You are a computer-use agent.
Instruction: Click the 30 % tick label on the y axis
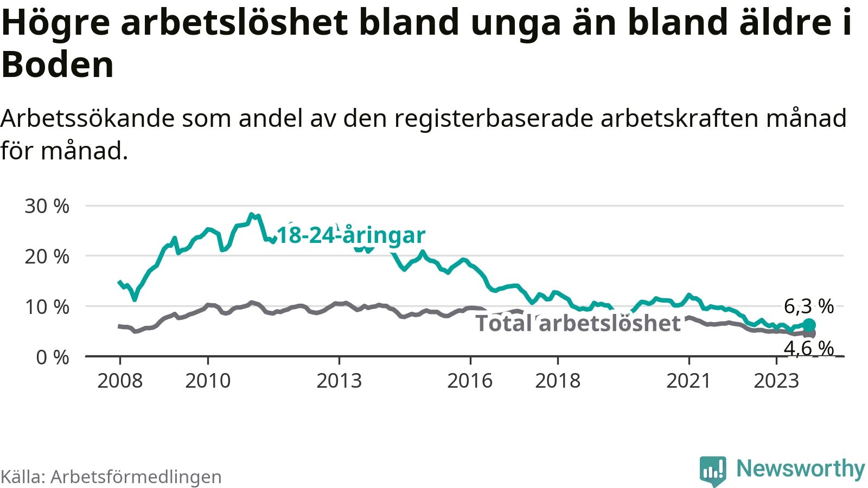[47, 206]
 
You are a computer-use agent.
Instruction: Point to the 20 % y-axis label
[47, 256]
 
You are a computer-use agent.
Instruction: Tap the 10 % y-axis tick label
[47, 307]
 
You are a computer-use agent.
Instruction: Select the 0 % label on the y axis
[53, 357]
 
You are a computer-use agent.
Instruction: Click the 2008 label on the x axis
[120, 381]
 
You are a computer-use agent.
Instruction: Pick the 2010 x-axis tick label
[208, 381]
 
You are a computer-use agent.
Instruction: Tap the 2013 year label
[339, 381]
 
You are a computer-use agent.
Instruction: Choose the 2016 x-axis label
[470, 381]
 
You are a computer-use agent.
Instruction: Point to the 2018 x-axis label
[558, 381]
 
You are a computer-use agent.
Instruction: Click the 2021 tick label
[688, 381]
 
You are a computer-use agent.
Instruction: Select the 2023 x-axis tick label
[776, 381]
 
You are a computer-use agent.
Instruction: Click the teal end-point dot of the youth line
[809, 325]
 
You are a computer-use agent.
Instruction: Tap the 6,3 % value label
[809, 306]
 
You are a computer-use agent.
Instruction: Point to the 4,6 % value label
[809, 348]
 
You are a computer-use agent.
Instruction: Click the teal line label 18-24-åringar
[351, 235]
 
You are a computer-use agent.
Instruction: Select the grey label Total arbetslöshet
[578, 323]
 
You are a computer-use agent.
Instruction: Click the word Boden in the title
[58, 65]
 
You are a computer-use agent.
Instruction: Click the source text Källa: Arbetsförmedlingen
[111, 477]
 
